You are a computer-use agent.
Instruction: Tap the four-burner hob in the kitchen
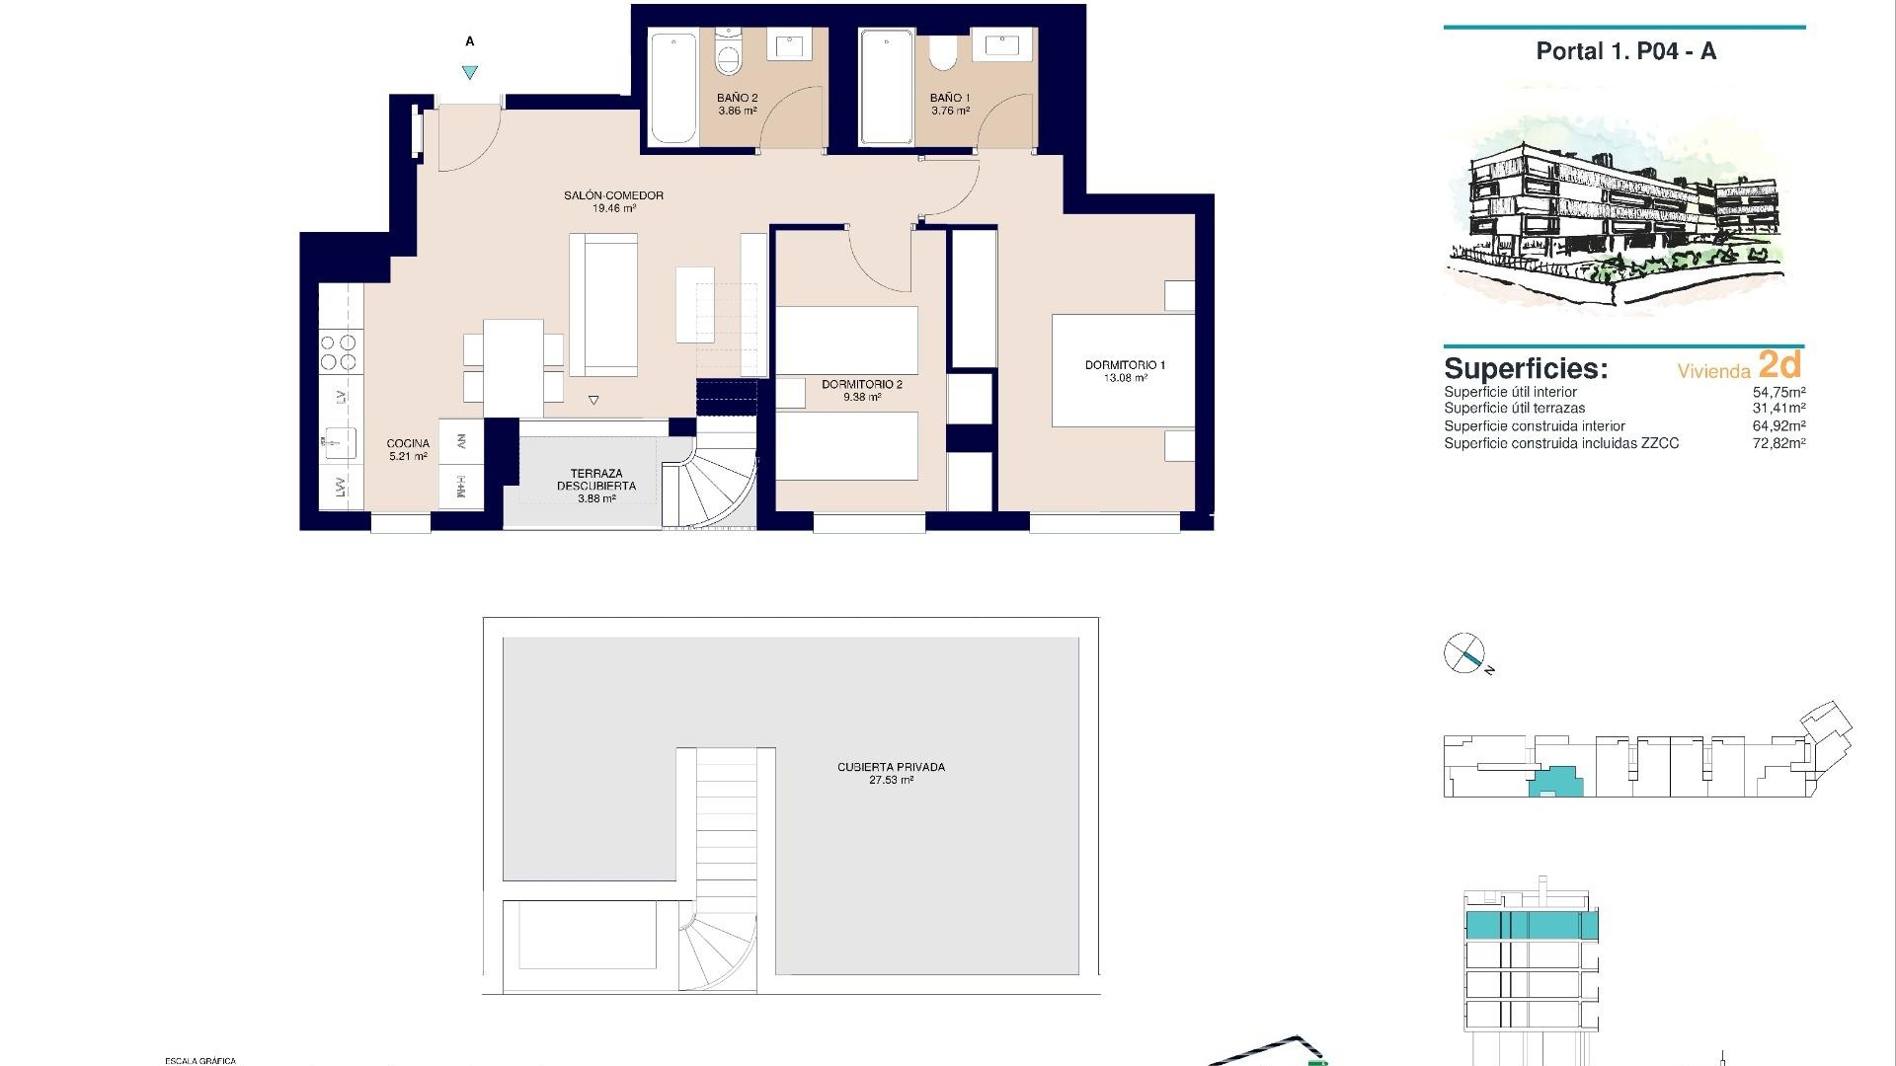coord(338,352)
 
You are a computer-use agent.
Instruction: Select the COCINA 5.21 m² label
coord(408,449)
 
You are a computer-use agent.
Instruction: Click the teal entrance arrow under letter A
coord(470,72)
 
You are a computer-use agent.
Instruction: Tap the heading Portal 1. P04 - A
coord(1625,51)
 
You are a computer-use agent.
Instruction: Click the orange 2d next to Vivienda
coord(1779,365)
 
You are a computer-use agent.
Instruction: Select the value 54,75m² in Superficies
coord(1778,392)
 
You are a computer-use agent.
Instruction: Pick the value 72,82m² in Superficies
coord(1778,443)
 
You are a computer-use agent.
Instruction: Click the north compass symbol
coord(1463,653)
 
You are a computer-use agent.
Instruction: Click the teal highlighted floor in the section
coord(1530,925)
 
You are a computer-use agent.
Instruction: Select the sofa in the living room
coord(603,303)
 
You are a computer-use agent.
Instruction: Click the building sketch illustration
coord(1619,212)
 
